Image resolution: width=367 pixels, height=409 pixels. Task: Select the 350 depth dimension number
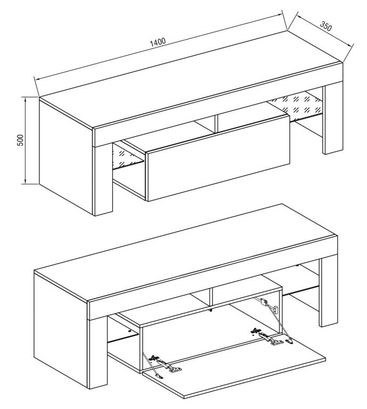pos(325,26)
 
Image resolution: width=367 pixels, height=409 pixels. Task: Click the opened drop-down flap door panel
pos(234,367)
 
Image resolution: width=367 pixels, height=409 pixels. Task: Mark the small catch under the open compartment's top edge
pos(211,309)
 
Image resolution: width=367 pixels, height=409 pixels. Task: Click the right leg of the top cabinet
pos(333,120)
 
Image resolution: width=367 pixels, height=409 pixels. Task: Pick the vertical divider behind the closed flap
pos(216,122)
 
